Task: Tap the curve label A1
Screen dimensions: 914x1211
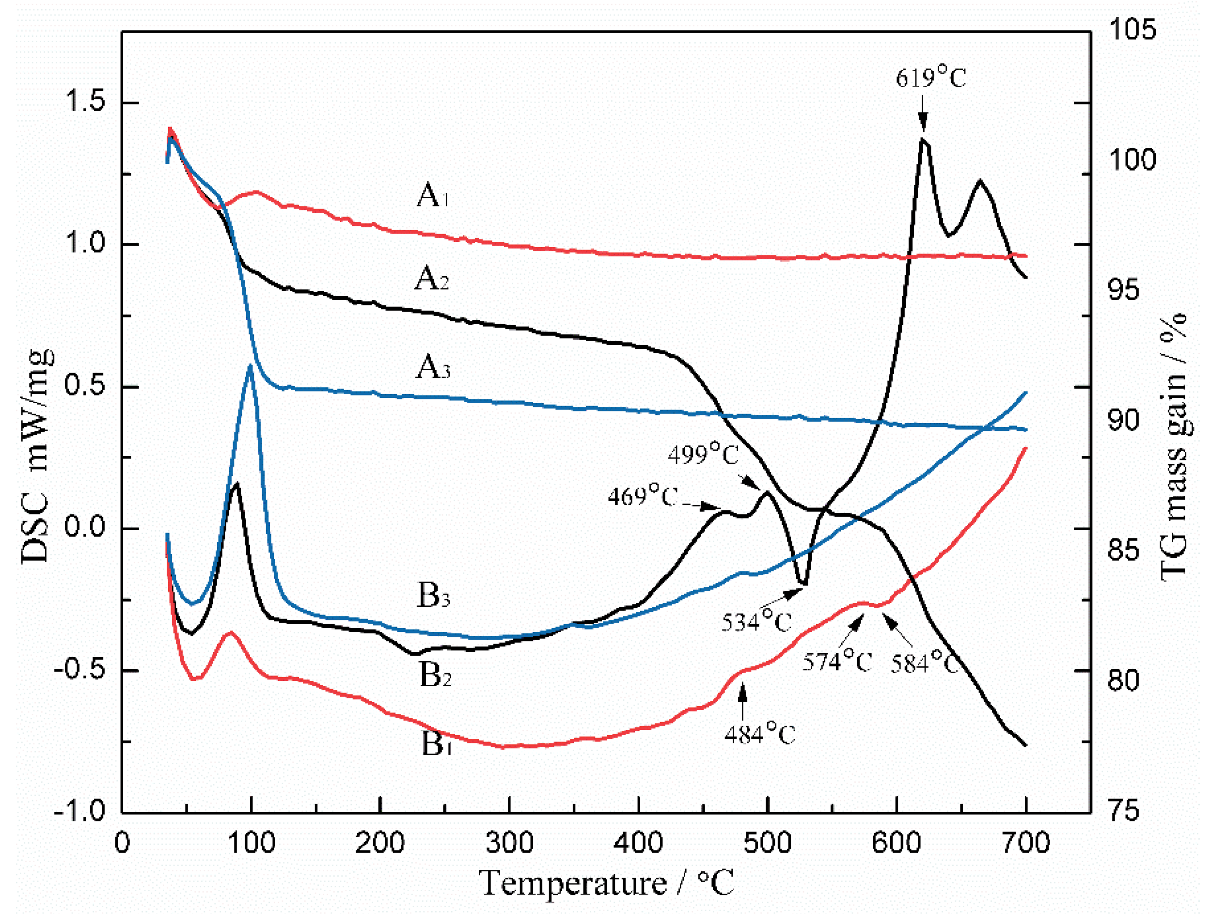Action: pos(432,195)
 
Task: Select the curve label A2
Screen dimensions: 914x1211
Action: pos(431,279)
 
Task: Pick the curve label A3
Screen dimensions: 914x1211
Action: pos(432,367)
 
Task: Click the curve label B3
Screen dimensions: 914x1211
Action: pos(433,596)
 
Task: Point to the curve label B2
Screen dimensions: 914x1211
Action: pos(435,675)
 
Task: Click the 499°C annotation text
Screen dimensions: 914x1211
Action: pos(703,454)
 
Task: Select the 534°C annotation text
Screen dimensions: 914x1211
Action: pos(756,622)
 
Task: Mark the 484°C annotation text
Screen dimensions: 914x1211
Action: pos(759,734)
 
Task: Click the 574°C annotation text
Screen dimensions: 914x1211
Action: pos(836,662)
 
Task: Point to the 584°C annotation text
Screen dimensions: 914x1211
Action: pos(924,663)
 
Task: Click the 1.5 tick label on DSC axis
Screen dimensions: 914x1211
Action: pos(85,102)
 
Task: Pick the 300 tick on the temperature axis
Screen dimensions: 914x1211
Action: pos(509,842)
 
